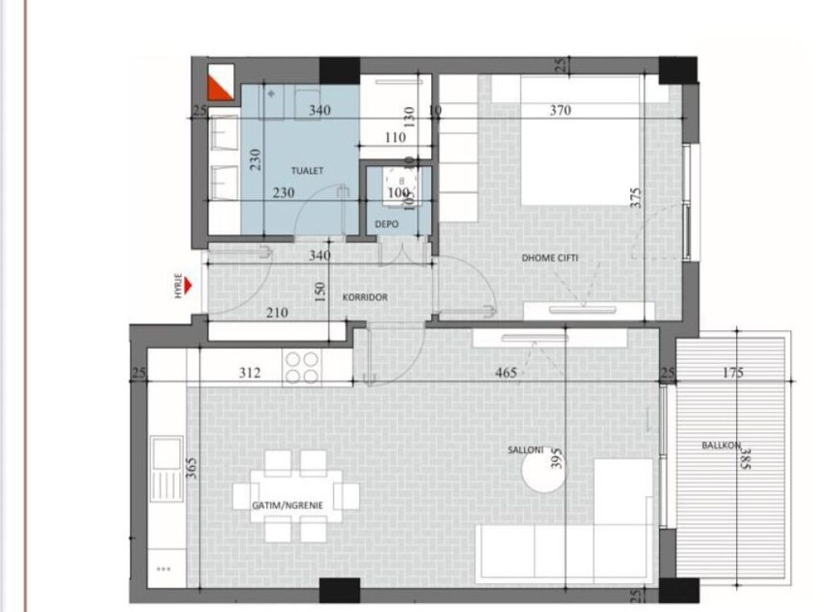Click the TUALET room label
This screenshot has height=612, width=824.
click(307, 172)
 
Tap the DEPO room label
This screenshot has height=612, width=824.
click(385, 225)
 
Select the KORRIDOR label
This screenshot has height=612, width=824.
click(365, 297)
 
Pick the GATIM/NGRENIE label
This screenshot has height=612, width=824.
click(287, 505)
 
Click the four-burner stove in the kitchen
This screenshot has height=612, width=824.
click(303, 368)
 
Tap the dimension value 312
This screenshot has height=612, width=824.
click(250, 373)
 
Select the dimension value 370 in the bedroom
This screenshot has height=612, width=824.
click(560, 110)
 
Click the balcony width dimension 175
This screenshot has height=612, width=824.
click(732, 373)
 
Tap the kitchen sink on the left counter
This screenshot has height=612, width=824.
click(167, 467)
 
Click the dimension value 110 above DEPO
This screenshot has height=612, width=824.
click(395, 138)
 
